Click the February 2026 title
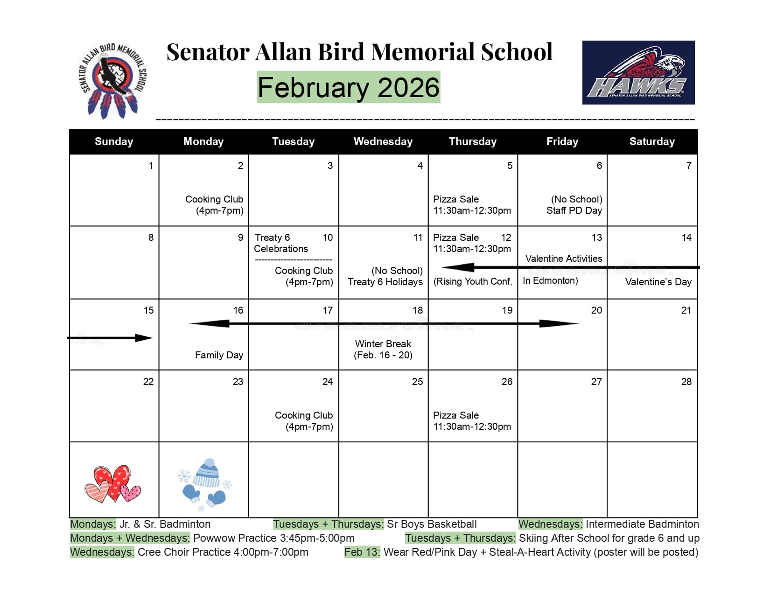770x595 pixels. [x=349, y=87]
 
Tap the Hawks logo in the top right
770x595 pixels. [x=638, y=72]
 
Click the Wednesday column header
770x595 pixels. [x=383, y=141]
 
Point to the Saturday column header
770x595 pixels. [x=651, y=141]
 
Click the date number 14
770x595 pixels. [x=686, y=238]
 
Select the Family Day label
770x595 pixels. [x=219, y=355]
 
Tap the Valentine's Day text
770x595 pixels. [x=658, y=282]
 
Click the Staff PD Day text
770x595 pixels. [x=574, y=210]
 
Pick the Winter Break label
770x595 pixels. [x=383, y=344]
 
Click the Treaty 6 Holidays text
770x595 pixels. [x=385, y=282]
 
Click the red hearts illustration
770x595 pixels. [x=113, y=483]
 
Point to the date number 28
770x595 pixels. [x=686, y=382]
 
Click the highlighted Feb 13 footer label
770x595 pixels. [x=362, y=552]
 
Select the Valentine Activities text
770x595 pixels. [x=563, y=259]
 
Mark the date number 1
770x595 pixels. [x=151, y=166]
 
